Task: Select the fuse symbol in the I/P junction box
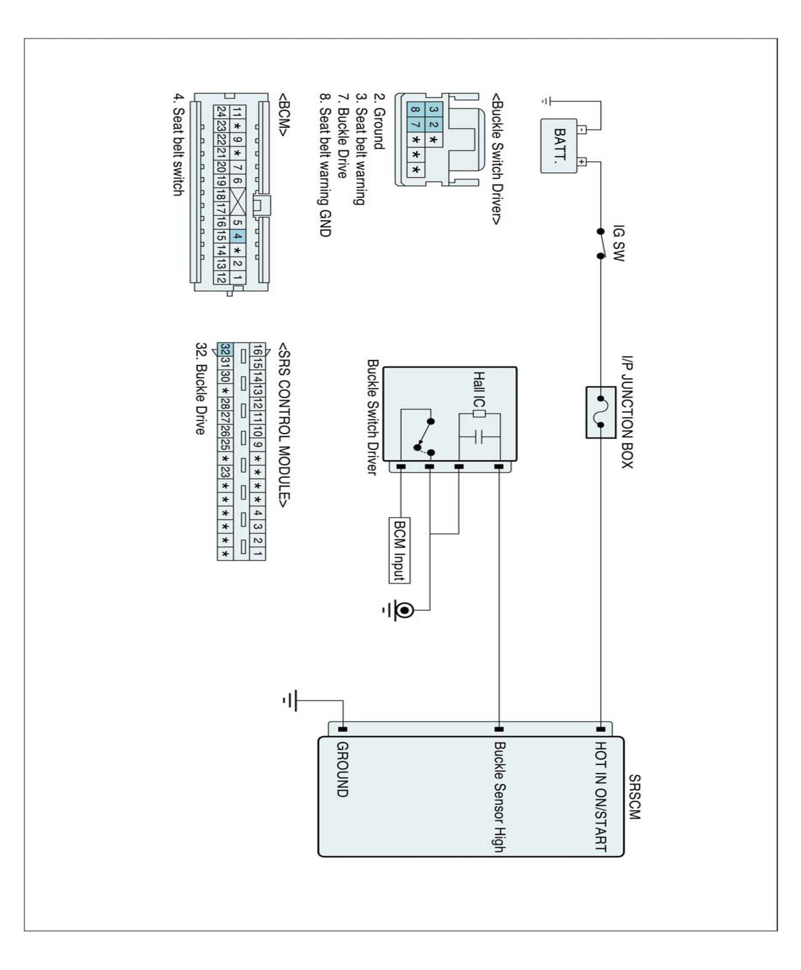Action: [x=601, y=412]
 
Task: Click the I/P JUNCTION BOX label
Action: [x=626, y=412]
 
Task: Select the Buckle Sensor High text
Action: [x=500, y=796]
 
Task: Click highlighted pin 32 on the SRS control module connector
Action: [x=225, y=349]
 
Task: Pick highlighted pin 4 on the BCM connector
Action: [x=237, y=237]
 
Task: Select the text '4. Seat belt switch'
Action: [x=178, y=145]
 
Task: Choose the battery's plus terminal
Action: [x=582, y=162]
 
